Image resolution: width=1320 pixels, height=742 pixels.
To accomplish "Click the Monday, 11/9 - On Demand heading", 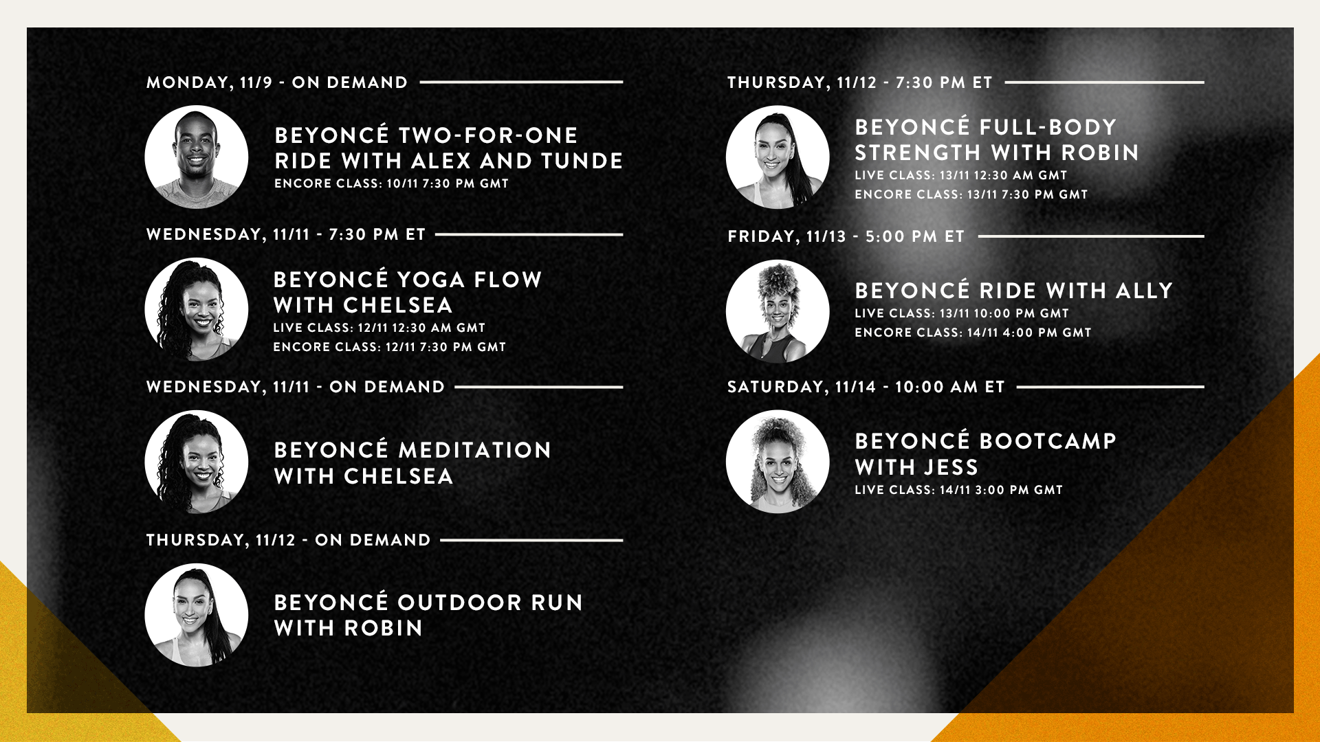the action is pyautogui.click(x=277, y=82).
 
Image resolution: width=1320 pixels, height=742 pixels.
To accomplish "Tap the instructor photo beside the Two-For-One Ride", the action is pyautogui.click(x=197, y=157).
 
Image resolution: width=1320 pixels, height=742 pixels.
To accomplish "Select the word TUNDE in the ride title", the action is pyautogui.click(x=582, y=161).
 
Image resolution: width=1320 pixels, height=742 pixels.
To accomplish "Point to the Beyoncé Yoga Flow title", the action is pyautogui.click(x=408, y=280).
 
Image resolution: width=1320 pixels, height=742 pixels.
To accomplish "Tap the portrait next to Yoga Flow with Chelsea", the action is pyautogui.click(x=197, y=309).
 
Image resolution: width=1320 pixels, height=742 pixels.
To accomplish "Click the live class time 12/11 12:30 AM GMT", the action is pyautogui.click(x=421, y=328).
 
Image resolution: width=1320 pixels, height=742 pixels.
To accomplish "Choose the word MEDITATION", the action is pyautogui.click(x=475, y=450).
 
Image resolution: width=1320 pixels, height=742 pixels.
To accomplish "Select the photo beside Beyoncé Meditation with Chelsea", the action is pyautogui.click(x=197, y=462).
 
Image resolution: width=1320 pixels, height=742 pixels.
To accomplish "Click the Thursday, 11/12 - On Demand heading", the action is pyautogui.click(x=289, y=540).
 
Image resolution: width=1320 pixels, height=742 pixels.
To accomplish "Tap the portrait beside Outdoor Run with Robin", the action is pyautogui.click(x=197, y=615).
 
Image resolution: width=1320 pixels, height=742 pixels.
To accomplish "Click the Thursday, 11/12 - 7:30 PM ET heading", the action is pyautogui.click(x=860, y=82).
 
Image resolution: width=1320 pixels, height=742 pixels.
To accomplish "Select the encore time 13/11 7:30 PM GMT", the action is pyautogui.click(x=1028, y=194).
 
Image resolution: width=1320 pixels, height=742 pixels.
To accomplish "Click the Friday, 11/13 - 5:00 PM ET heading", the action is pyautogui.click(x=846, y=236).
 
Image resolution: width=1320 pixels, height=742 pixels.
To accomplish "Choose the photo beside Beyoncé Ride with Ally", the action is pyautogui.click(x=778, y=311).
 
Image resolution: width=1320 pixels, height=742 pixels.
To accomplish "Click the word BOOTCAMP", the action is pyautogui.click(x=1048, y=441).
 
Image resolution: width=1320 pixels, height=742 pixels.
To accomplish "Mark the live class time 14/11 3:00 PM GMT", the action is pyautogui.click(x=1002, y=490).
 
